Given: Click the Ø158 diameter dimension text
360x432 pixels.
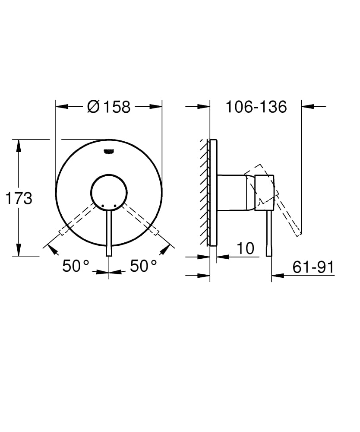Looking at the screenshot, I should pyautogui.click(x=108, y=107).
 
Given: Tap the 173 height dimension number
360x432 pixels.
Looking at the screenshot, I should pyautogui.click(x=19, y=198).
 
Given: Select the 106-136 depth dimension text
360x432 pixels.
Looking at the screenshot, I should pyautogui.click(x=256, y=107).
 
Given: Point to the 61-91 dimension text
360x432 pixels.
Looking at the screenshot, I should pyautogui.click(x=313, y=267).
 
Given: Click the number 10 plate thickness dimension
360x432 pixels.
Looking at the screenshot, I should pyautogui.click(x=246, y=248).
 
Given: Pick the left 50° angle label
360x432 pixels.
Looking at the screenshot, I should pyautogui.click(x=76, y=266).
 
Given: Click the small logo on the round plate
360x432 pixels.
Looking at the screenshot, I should pyautogui.click(x=109, y=151).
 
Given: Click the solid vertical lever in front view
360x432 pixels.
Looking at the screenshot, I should pyautogui.click(x=109, y=233).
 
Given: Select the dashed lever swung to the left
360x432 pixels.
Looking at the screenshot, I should pyautogui.click(x=78, y=218).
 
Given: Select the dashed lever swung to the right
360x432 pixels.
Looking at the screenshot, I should pyautogui.click(x=140, y=218).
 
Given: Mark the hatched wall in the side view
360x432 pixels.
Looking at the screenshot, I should pyautogui.click(x=204, y=192).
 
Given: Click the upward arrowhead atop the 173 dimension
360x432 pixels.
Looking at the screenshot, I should pyautogui.click(x=19, y=146).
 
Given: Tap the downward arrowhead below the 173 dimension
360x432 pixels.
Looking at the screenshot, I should pyautogui.click(x=19, y=250).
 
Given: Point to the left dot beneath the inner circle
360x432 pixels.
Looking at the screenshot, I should pyautogui.click(x=103, y=204).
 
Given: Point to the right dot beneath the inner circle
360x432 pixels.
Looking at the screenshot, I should pyautogui.click(x=115, y=204).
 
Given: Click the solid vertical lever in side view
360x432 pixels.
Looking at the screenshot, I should pyautogui.click(x=269, y=233).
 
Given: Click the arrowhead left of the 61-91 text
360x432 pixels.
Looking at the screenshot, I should pyautogui.click(x=277, y=275).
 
